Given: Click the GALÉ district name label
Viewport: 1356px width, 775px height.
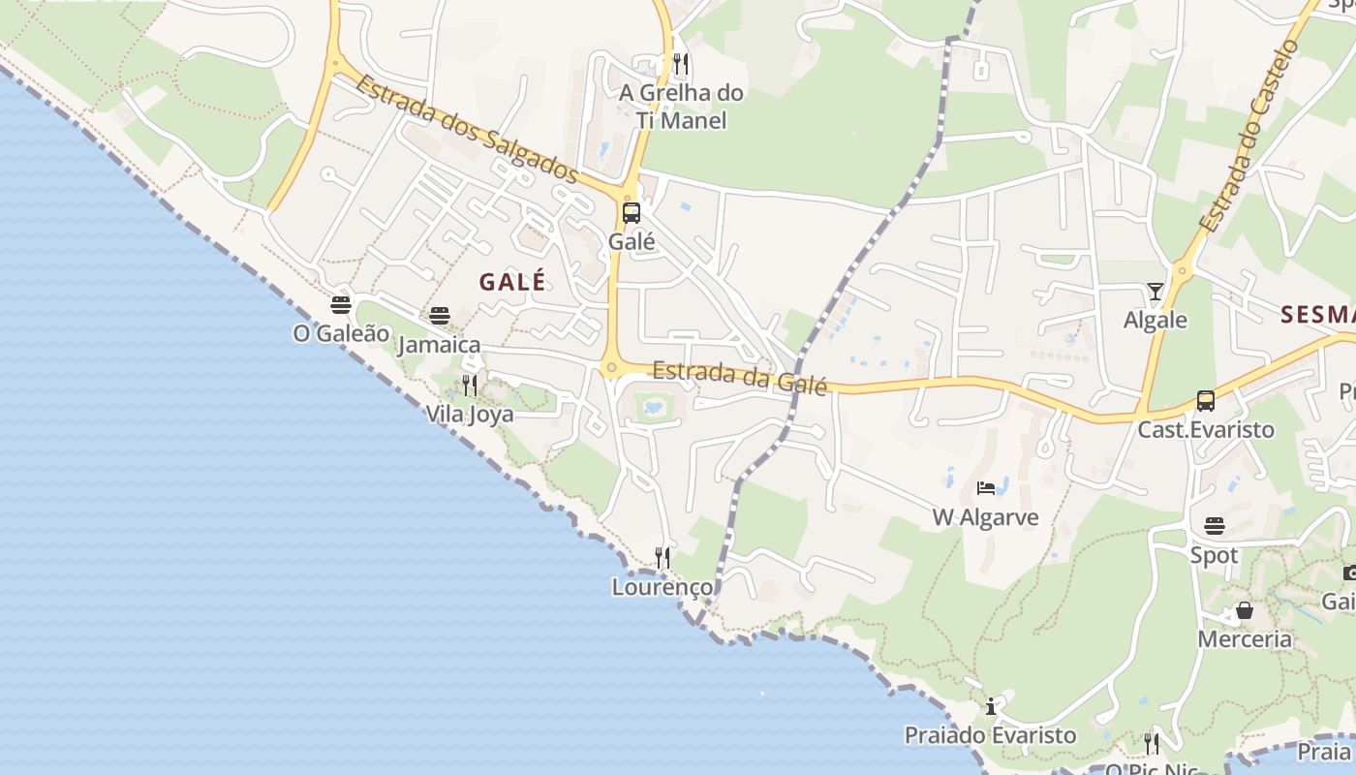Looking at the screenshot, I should (x=512, y=282).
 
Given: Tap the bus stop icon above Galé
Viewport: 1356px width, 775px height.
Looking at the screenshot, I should (x=632, y=213).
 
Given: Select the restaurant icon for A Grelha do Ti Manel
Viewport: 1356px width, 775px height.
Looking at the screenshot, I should (x=681, y=65).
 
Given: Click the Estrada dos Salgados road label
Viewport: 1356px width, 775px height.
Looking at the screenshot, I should (x=466, y=128).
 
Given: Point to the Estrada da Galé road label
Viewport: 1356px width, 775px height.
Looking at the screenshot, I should (x=740, y=377).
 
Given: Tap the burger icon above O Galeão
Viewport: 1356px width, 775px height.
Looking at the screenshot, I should (x=341, y=305).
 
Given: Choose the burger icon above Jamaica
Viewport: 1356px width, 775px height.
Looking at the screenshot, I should (x=440, y=316).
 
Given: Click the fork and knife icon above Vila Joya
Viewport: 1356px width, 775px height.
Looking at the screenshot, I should (x=470, y=386).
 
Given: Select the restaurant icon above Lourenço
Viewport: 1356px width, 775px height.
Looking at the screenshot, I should (x=663, y=557).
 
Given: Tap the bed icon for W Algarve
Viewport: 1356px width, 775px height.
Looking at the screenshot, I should (x=986, y=487).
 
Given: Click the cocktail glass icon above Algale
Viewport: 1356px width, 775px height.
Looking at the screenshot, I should (x=1155, y=292).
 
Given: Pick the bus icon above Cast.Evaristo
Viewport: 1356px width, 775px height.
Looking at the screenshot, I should (x=1206, y=401).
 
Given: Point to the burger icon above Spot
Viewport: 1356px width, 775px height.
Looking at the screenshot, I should (x=1215, y=526).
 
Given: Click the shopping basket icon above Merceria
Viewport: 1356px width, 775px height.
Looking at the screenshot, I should (x=1245, y=610).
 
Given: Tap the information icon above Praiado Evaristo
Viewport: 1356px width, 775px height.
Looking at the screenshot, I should (x=991, y=706).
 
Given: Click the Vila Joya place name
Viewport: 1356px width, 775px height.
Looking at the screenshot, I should (x=470, y=415).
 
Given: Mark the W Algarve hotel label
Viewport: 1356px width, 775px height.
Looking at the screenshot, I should (x=986, y=517).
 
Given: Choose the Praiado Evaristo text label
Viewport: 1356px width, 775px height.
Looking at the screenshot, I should (x=990, y=735).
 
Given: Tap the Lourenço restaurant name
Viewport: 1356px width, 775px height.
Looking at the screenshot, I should (x=663, y=587).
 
